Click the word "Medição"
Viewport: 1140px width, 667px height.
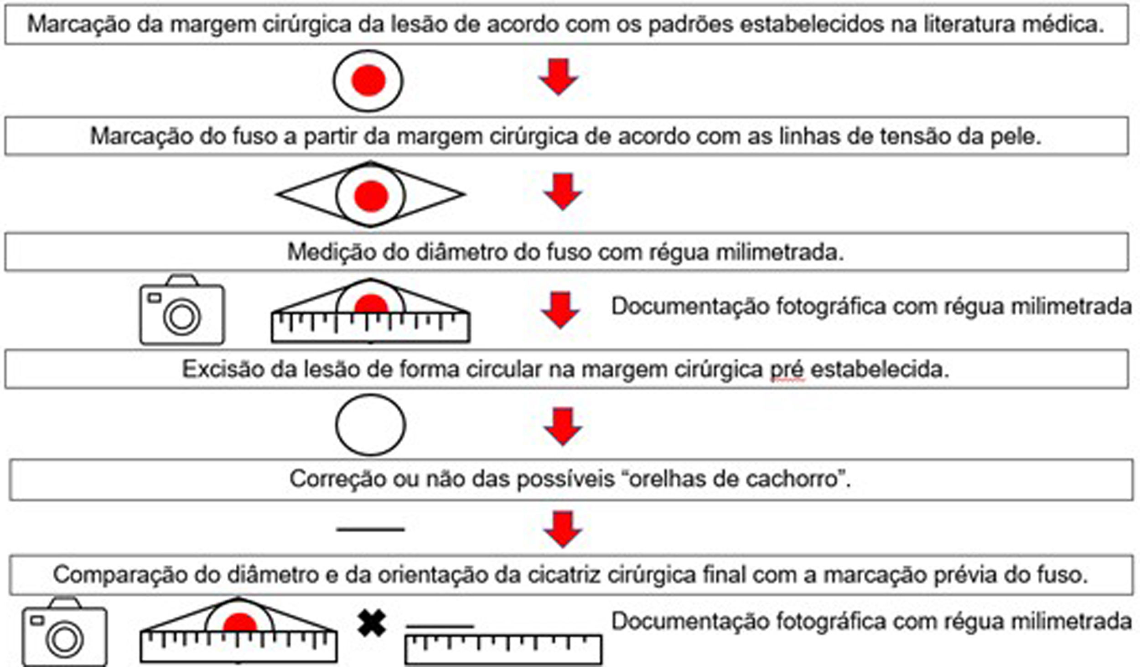pyautogui.click(x=331, y=252)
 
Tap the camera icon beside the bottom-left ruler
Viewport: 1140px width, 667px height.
pyautogui.click(x=65, y=632)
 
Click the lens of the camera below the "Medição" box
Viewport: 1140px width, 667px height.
pyautogui.click(x=182, y=316)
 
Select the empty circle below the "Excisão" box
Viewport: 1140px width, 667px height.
pyautogui.click(x=370, y=425)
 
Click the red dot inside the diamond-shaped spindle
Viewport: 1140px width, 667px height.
pyautogui.click(x=371, y=196)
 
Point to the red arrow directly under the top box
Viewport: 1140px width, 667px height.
pyautogui.click(x=558, y=77)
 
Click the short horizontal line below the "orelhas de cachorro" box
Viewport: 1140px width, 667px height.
pyautogui.click(x=370, y=529)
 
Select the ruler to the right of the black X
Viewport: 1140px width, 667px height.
pyautogui.click(x=503, y=649)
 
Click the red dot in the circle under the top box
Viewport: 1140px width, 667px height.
pyautogui.click(x=368, y=80)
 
